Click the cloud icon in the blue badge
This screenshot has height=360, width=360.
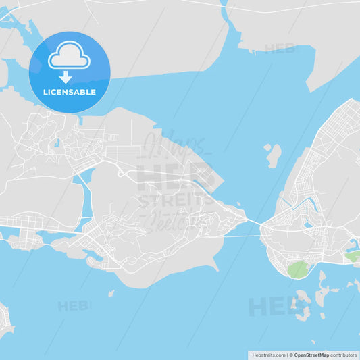tap(69, 55)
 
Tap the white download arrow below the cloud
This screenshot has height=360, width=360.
tap(66, 77)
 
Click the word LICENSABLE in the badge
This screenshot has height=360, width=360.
tap(69, 92)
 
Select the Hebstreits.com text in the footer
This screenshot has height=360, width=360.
tap(269, 354)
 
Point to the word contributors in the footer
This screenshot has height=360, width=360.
tap(344, 354)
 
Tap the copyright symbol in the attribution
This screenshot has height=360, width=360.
tap(291, 354)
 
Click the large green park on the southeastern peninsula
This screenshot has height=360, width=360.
tap(297, 269)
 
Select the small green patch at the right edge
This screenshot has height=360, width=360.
tap(352, 256)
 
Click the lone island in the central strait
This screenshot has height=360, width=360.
tap(274, 155)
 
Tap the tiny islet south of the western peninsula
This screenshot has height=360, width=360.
tap(111, 293)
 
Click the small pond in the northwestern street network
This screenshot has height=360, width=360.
tap(57, 143)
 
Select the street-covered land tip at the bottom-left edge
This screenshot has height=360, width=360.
tap(5, 321)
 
